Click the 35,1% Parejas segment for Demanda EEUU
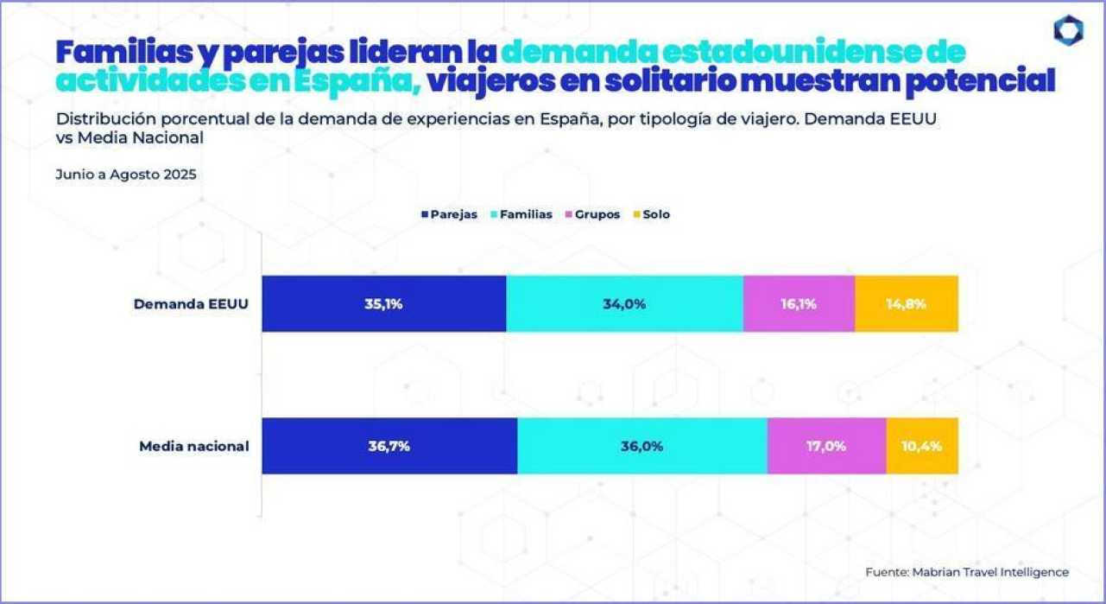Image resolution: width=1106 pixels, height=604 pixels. [x=383, y=304]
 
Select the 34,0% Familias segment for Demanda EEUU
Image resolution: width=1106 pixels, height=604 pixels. [x=624, y=304]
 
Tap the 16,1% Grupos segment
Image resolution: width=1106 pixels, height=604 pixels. [x=799, y=304]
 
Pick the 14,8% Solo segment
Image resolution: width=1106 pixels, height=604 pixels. [x=907, y=304]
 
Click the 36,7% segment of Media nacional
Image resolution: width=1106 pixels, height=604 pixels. [x=389, y=446]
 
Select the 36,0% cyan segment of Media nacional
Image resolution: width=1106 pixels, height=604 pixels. [x=641, y=446]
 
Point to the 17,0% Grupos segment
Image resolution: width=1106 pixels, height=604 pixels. [x=826, y=446]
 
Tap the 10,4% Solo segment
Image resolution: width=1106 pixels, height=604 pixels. [x=922, y=446]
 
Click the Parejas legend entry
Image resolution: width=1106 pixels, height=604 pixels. [x=449, y=214]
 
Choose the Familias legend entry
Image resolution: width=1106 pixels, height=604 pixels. [x=521, y=214]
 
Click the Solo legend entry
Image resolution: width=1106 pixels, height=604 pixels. [x=652, y=214]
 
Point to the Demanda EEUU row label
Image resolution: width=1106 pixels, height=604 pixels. [x=191, y=304]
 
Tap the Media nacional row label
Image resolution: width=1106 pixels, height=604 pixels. [x=194, y=447]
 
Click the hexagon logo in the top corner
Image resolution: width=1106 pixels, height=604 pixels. [x=1068, y=31]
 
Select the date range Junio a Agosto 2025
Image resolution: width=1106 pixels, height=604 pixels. [x=126, y=174]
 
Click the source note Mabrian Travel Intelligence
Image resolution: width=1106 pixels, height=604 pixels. [x=967, y=572]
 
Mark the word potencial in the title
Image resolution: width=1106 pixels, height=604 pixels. [x=987, y=82]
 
